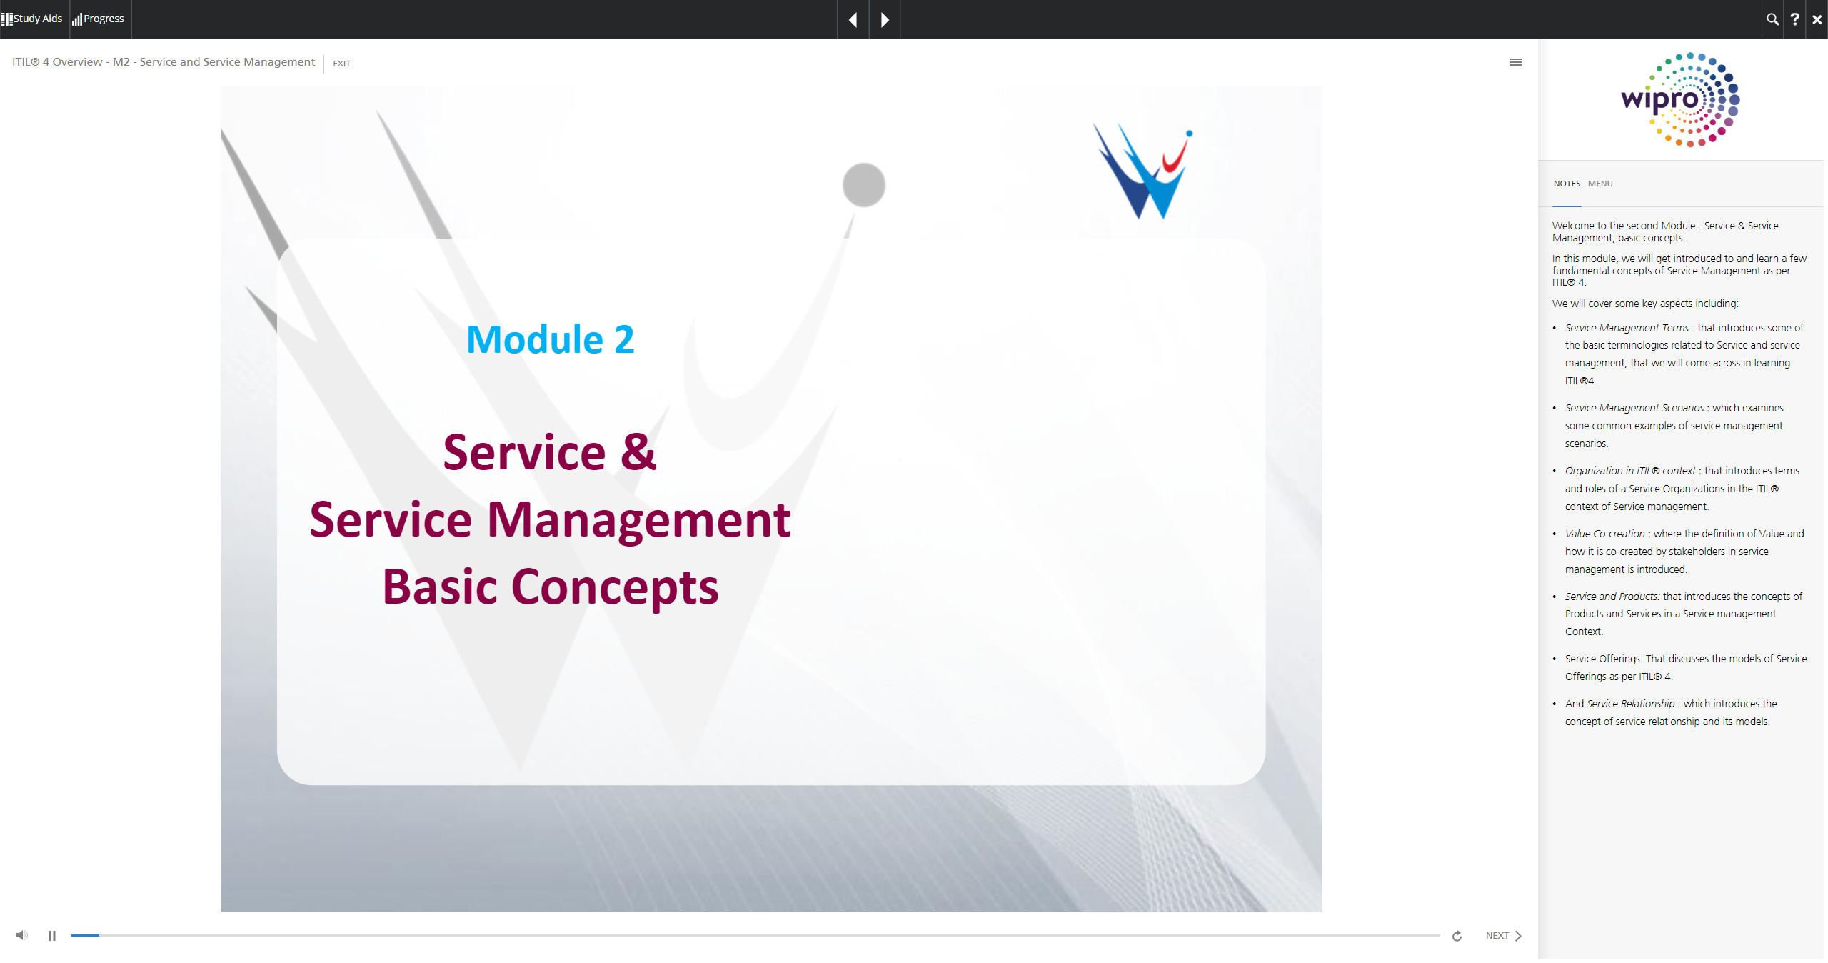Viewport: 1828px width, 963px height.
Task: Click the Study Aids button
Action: click(32, 19)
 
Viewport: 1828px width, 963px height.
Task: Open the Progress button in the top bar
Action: click(99, 19)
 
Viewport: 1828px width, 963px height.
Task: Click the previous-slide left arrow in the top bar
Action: click(853, 19)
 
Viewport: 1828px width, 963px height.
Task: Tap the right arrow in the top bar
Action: click(885, 19)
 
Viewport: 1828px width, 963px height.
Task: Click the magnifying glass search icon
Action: click(1772, 19)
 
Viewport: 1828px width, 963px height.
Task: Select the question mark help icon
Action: click(1794, 19)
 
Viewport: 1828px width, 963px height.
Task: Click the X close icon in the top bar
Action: click(1817, 19)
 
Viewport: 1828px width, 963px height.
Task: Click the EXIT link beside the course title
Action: click(341, 64)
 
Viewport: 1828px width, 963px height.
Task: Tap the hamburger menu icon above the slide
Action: click(1515, 62)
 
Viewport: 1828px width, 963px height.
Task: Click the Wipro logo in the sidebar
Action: click(1680, 100)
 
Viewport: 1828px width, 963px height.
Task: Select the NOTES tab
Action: click(1567, 184)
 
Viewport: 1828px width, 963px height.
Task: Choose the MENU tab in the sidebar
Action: click(1600, 184)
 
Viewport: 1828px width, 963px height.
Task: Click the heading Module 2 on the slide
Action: click(550, 339)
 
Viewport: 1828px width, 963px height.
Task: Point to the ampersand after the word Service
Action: click(638, 452)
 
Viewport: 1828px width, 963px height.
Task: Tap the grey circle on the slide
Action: click(864, 185)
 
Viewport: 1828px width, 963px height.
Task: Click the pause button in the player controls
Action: click(52, 936)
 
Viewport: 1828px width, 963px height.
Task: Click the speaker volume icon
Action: click(22, 935)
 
